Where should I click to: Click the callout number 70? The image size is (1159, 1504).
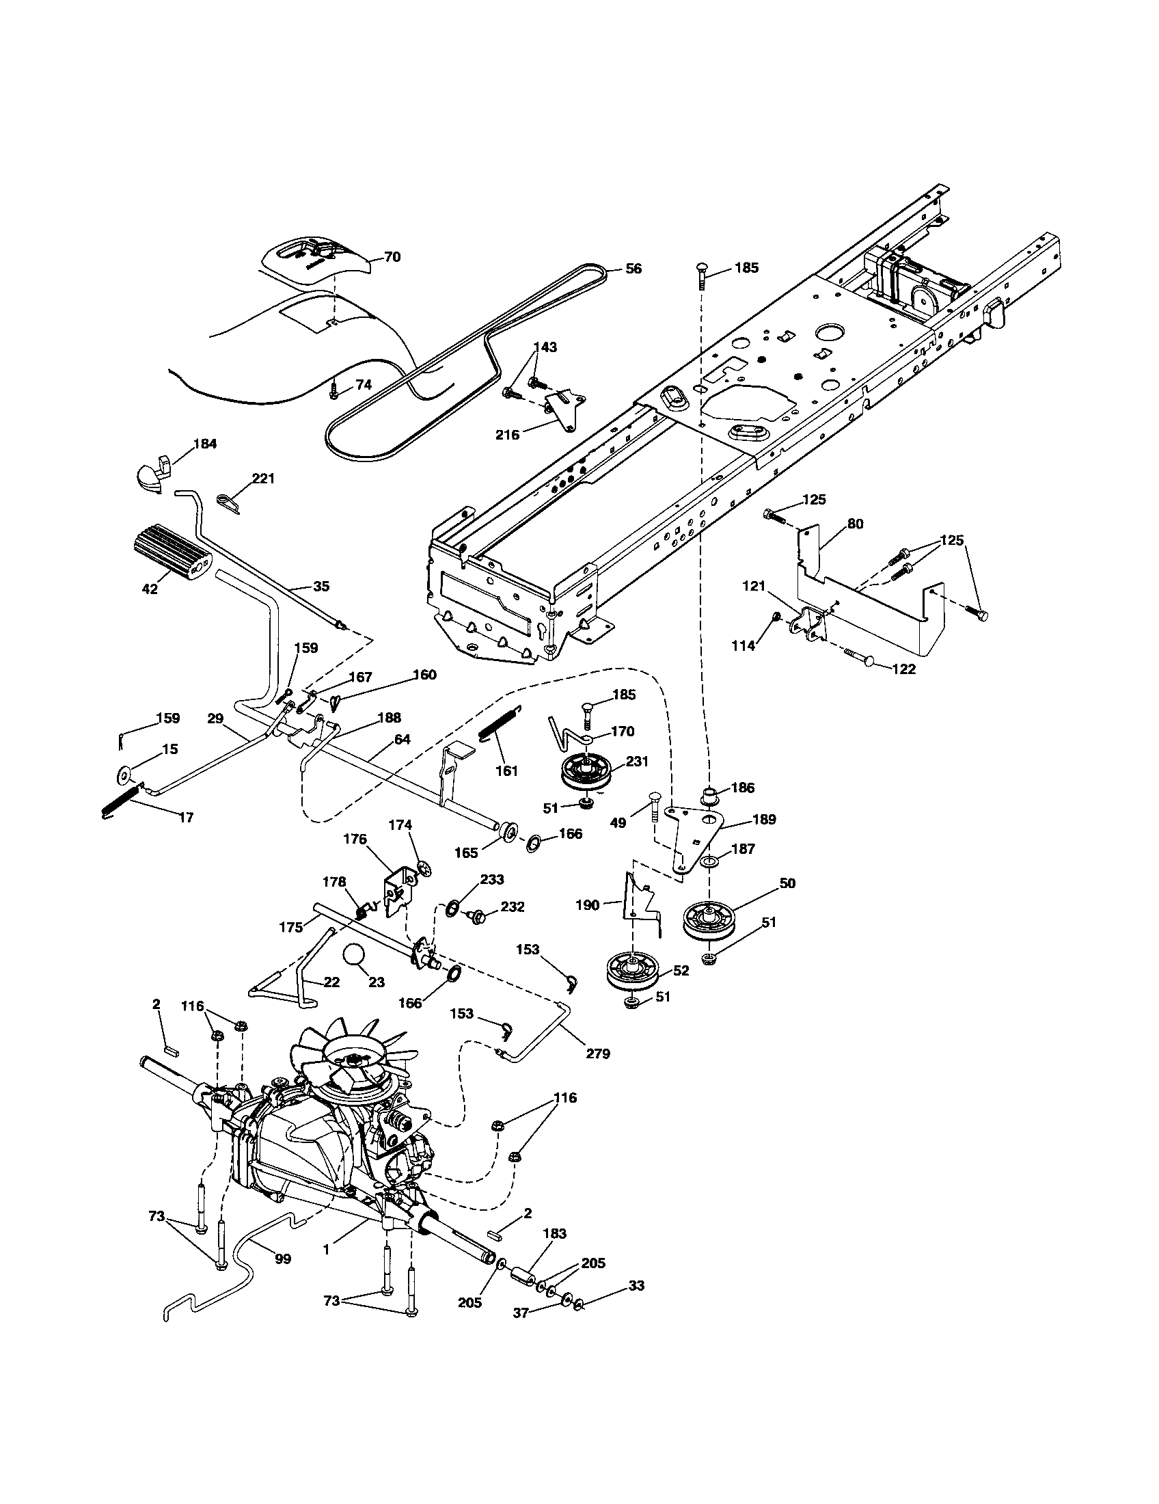point(392,258)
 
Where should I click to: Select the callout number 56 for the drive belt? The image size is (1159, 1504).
point(633,269)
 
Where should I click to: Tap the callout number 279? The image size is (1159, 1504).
point(597,1053)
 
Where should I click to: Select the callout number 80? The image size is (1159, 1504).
point(854,524)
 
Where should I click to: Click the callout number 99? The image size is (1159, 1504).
point(282,1259)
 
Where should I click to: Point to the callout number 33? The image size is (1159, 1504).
point(637,1286)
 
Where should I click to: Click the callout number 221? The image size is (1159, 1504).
point(262,478)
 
